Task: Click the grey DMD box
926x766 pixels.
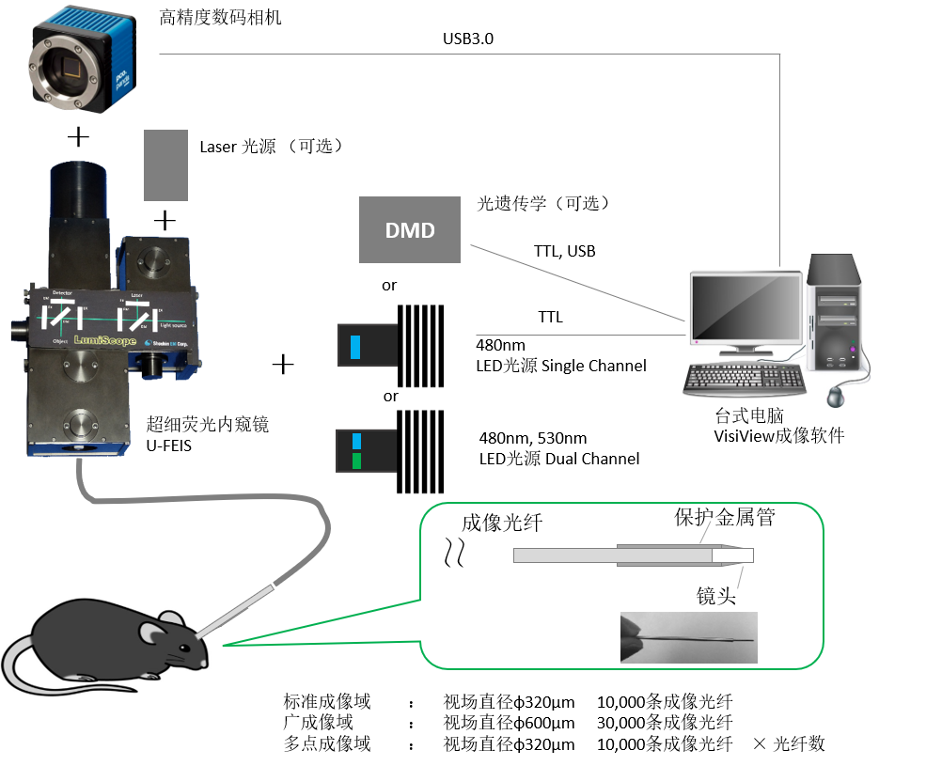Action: point(410,229)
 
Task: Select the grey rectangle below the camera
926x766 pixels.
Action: point(165,164)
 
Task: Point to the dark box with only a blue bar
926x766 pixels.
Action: point(368,345)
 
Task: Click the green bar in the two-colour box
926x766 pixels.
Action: point(356,461)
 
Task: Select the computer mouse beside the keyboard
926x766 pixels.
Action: point(835,398)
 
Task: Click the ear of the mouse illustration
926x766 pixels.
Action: point(150,633)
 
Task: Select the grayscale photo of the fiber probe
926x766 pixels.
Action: point(688,638)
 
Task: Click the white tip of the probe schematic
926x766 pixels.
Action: point(732,555)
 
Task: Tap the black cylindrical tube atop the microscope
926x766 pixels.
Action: point(77,193)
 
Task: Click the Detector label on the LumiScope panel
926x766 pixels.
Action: point(62,294)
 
